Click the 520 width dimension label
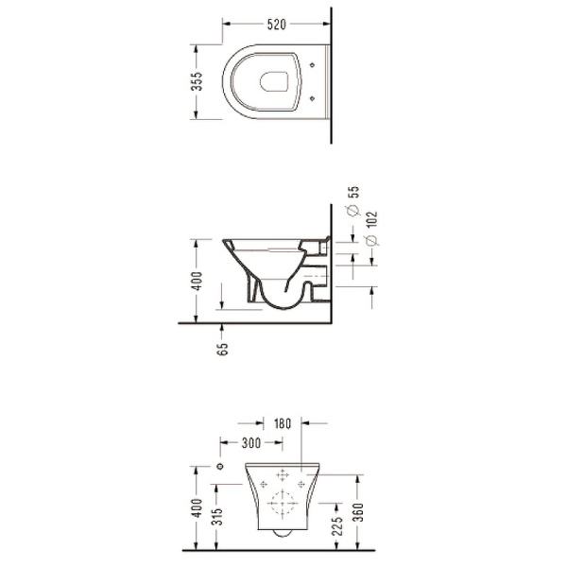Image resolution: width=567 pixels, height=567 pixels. pos(277,25)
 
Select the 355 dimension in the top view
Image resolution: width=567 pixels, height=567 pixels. pos(198,81)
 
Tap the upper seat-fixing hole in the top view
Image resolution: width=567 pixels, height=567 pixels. pos(313,65)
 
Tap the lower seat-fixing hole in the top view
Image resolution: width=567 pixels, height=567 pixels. pos(313,98)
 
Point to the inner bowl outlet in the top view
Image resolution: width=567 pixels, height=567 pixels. pos(274,81)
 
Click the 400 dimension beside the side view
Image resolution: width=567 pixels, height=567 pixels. pos(198,281)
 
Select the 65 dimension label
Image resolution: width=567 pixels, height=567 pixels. pos(223,349)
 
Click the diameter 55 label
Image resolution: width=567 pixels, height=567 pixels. pos(353,200)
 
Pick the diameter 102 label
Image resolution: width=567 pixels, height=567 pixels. pos(371,229)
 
